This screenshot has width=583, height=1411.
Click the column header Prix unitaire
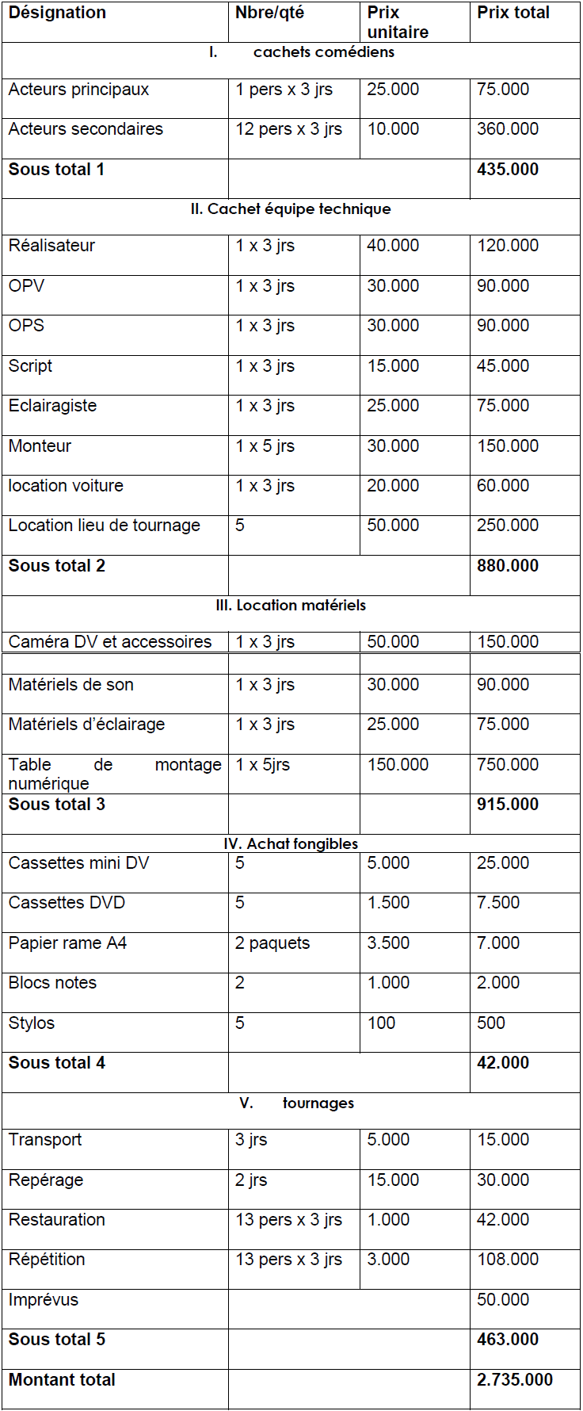398,22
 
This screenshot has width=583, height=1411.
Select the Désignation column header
56,13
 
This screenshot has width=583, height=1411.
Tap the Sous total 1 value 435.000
507,170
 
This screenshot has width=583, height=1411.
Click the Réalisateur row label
51,246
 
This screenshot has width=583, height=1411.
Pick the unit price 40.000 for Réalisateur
393,246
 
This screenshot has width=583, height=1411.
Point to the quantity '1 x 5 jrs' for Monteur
265,446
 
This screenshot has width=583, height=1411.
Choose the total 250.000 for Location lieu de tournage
507,526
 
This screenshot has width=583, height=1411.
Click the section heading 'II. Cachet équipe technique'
291,209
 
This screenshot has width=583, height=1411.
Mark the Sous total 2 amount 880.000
507,566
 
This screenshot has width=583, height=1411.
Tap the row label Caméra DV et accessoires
110,642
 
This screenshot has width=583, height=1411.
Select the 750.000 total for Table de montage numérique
507,765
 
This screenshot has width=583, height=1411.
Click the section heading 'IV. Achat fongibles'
291,844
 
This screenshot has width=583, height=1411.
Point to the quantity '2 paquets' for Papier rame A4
272,943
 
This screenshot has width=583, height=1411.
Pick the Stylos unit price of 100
381,1023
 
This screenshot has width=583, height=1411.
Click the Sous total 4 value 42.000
502,1063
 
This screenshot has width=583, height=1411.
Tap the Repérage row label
46,1180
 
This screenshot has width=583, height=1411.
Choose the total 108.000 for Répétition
507,1260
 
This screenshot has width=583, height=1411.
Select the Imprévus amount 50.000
502,1300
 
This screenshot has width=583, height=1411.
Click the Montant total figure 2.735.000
514,1380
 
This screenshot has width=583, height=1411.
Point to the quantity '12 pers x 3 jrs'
288,129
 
